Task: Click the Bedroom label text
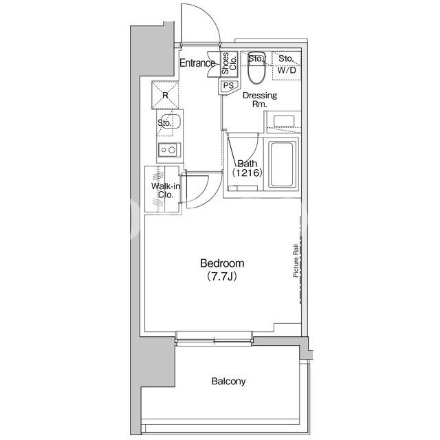coord(222,263)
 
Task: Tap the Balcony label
coord(228,381)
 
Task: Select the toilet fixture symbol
coord(256,67)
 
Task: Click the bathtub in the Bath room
coord(282,165)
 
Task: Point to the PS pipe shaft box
coord(228,85)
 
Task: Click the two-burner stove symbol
coord(169,150)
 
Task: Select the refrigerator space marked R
coord(165,95)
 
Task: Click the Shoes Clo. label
coord(229,63)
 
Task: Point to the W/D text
coord(287,70)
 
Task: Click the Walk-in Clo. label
coord(166,190)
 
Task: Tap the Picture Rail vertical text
coord(296,261)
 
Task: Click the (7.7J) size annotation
coord(221,276)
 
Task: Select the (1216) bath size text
coord(247,173)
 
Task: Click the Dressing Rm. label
coord(260,100)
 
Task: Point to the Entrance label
coord(197,63)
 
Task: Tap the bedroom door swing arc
coord(203,197)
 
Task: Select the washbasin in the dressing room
coord(284,122)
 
